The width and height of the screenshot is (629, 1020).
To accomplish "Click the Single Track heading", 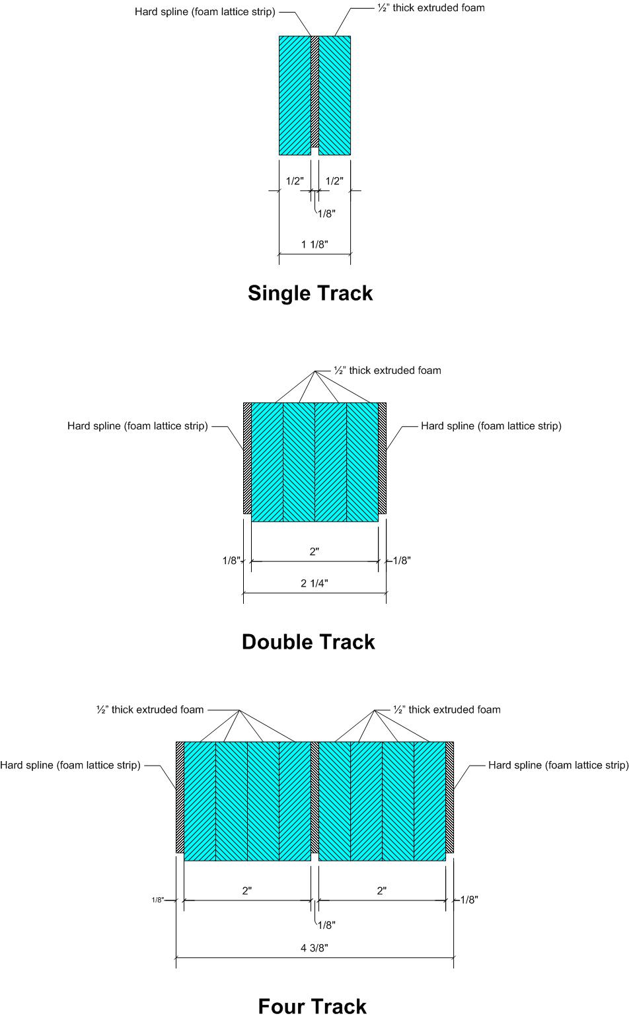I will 310,293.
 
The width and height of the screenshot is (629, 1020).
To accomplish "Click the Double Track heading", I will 308,641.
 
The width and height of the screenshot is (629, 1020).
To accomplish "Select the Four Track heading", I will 312,1006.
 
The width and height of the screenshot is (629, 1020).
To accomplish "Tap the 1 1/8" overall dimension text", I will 314,244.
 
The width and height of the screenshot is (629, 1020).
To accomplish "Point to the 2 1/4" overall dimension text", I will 314,583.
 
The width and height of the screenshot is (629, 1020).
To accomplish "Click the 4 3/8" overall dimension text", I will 314,948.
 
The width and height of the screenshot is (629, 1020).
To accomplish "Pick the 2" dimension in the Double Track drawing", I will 314,552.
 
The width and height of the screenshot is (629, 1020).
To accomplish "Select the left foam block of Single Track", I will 295,96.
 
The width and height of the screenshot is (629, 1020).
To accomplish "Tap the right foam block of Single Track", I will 334,96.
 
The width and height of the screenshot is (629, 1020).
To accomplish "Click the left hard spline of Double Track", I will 247,458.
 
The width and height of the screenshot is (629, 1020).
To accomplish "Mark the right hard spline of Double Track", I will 382,458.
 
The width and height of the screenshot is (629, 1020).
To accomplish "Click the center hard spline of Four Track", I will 314,797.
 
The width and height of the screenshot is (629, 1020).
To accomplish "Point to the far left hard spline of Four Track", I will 180,797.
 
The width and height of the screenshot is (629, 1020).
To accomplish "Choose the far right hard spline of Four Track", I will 449,797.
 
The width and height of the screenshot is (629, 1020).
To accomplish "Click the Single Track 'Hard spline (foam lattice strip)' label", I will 205,12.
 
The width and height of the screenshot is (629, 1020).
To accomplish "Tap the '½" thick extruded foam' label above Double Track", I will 387,371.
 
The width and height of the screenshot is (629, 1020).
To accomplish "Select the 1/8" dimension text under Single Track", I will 326,213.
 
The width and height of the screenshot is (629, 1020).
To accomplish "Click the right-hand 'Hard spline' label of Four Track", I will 558,765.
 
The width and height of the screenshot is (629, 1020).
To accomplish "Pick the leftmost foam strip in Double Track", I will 267,462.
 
